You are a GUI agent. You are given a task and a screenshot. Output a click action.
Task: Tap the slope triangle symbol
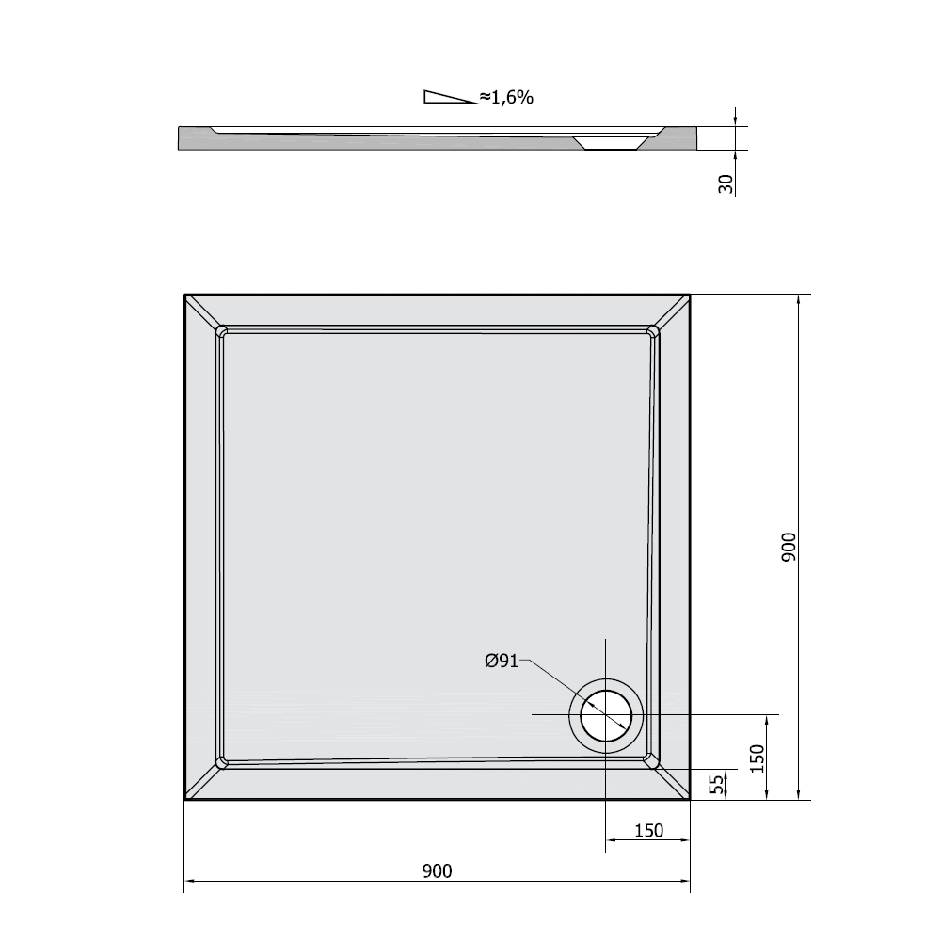(x=450, y=97)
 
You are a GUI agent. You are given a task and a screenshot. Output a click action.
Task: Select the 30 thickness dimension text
(x=726, y=183)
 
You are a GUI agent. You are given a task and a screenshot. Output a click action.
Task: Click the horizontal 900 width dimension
(x=437, y=871)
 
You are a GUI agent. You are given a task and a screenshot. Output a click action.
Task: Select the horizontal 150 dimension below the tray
(x=649, y=830)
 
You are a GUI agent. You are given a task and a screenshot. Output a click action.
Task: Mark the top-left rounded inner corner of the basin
(x=222, y=332)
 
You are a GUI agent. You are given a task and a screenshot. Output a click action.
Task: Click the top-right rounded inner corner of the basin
(x=652, y=331)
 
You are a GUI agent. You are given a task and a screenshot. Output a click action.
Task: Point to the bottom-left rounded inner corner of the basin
(x=222, y=761)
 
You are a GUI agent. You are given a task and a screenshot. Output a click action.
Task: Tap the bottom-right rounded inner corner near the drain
(x=649, y=758)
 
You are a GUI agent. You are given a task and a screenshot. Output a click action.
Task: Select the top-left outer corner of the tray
(x=185, y=296)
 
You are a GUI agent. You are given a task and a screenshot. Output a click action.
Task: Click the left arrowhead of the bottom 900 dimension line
(x=187, y=882)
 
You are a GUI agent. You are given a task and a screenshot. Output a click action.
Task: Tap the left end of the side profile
(x=181, y=138)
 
